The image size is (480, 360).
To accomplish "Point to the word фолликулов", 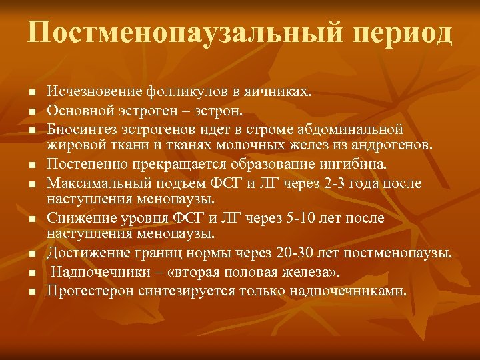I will tap(177, 91).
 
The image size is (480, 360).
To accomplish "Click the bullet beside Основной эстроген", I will tap(32, 110).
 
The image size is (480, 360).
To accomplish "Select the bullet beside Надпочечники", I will tap(32, 273).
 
